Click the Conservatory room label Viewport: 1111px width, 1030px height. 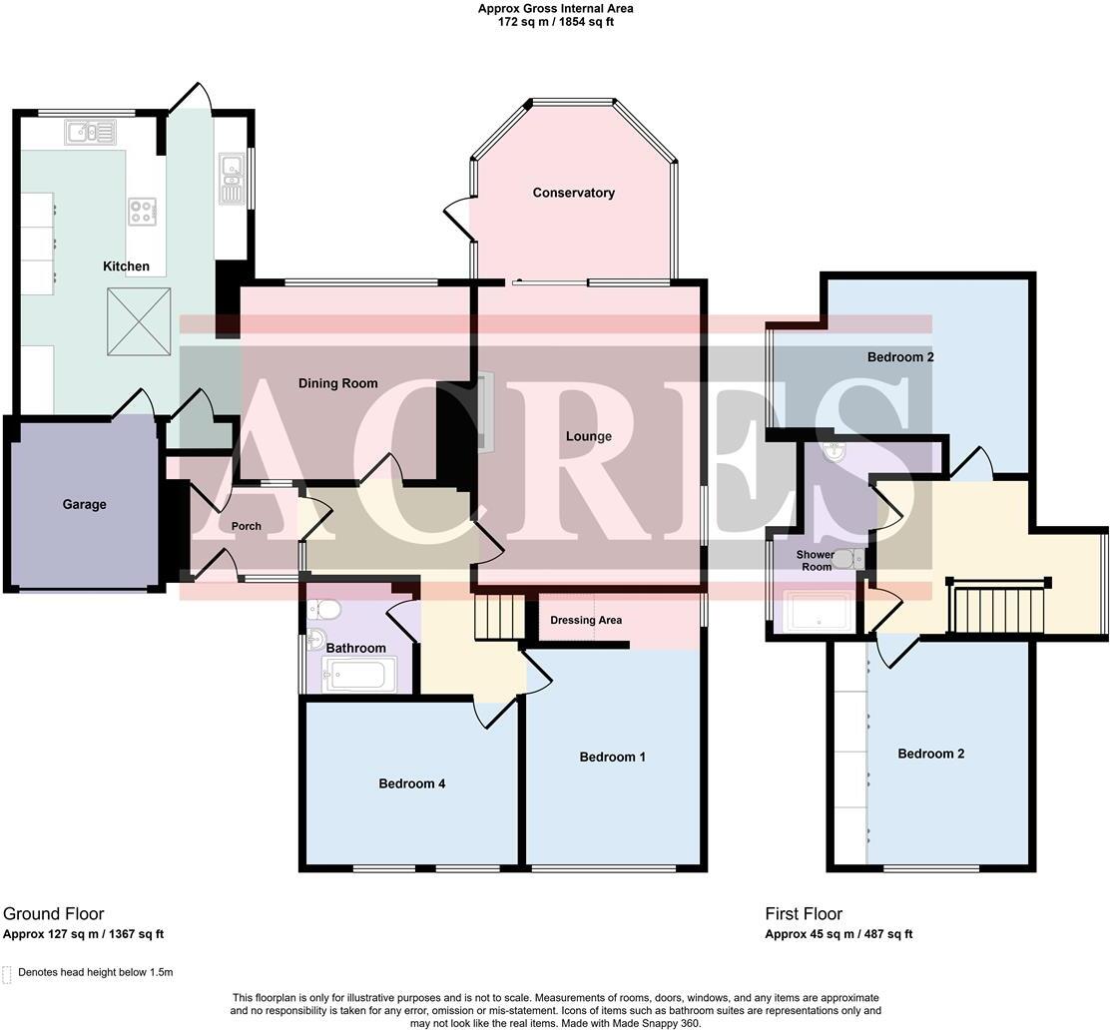tap(573, 193)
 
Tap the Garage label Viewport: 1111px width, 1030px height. tap(84, 504)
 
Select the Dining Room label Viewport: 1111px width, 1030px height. tap(338, 383)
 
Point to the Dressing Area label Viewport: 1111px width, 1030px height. tap(586, 620)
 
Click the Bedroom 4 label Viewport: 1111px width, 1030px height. tap(411, 783)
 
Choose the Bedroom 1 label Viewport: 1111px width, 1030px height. tap(612, 757)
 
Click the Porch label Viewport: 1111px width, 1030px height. tap(246, 526)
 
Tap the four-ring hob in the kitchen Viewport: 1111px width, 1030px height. tap(142, 212)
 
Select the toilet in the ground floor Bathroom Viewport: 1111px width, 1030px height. tap(324, 609)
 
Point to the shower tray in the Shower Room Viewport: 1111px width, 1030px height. tap(818, 612)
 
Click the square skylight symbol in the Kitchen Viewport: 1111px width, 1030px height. tap(139, 320)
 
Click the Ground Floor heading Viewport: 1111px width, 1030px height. tap(53, 913)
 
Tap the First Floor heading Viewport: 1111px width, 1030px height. tap(804, 913)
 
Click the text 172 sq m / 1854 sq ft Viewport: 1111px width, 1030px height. tap(555, 21)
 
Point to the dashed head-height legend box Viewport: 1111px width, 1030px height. tap(8, 973)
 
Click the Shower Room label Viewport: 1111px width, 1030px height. tap(814, 560)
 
